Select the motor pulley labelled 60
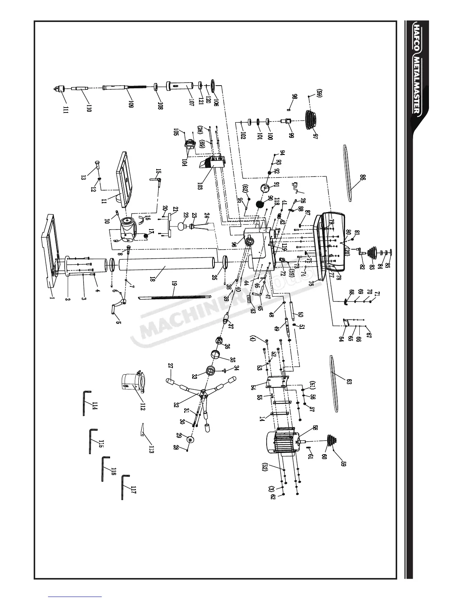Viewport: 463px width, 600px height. pos(331,441)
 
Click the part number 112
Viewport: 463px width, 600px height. pos(143,405)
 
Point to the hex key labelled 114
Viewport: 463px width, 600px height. pos(87,403)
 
